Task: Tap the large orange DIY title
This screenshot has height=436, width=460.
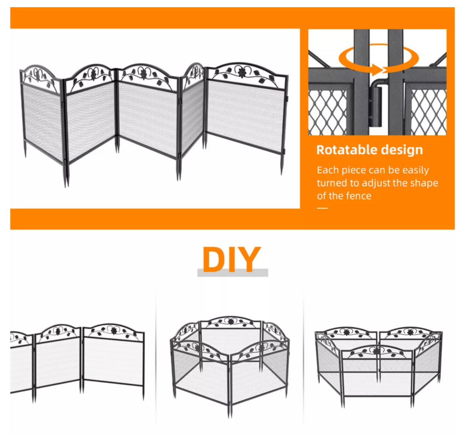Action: coord(232,259)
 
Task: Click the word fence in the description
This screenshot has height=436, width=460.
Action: coord(359,196)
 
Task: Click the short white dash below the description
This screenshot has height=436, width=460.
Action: coord(322,208)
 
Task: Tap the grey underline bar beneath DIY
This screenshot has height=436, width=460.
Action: coord(232,273)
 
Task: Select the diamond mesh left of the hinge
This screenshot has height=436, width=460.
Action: coord(327,112)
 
